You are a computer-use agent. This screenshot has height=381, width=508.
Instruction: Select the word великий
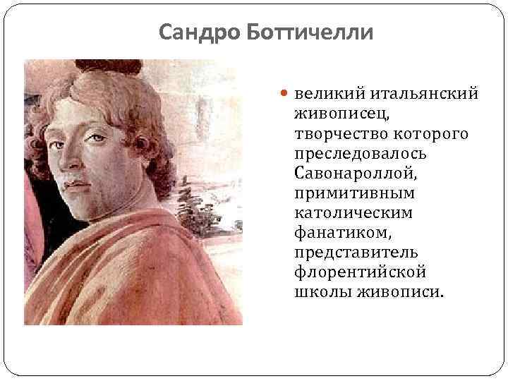(x=328, y=94)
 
